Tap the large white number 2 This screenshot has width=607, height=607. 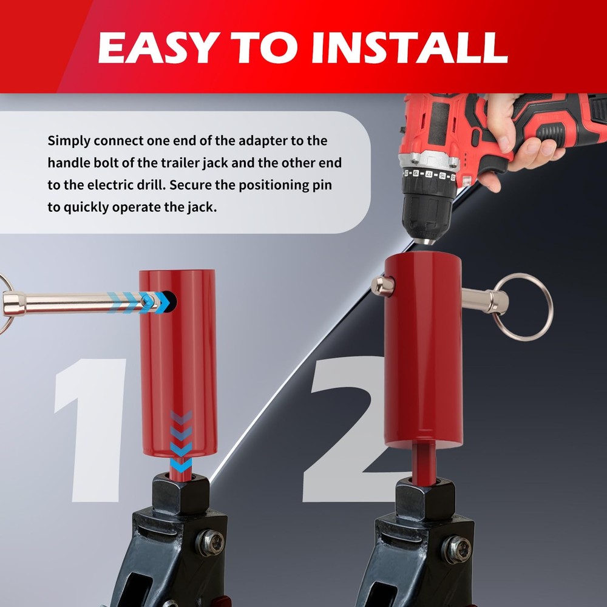pos(346,431)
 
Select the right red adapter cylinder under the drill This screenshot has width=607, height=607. pos(423,352)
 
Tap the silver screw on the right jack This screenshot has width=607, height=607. pos(457,549)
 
